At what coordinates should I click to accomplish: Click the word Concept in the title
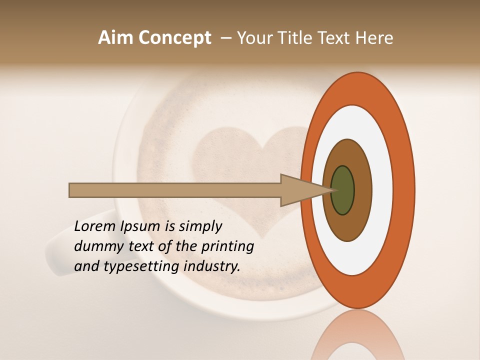pyautogui.click(x=174, y=38)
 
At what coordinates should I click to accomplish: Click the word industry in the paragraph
pyautogui.click(x=212, y=266)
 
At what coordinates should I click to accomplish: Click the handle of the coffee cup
pyautogui.click(x=57, y=255)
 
